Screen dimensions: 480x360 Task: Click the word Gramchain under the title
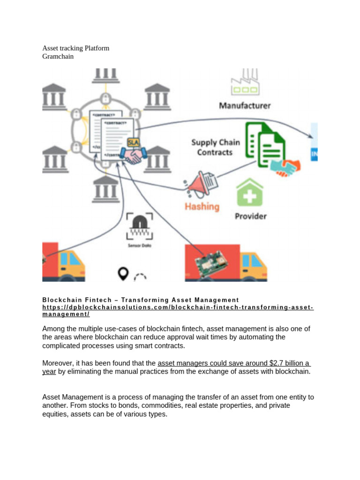pos(58,57)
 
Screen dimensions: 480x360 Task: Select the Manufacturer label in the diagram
pos(245,105)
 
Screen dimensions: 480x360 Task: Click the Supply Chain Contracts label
pos(215,147)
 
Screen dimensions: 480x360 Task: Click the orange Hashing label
pos(202,206)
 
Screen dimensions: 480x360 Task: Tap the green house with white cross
pos(250,193)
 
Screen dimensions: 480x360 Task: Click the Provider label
pos(250,216)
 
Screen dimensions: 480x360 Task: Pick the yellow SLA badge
pos(134,142)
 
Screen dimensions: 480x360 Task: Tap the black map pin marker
pos(123,273)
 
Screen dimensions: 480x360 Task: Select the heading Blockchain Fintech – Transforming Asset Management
pos(141,300)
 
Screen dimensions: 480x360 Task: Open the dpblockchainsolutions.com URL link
pos(178,307)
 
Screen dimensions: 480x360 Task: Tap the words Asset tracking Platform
pos(76,48)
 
